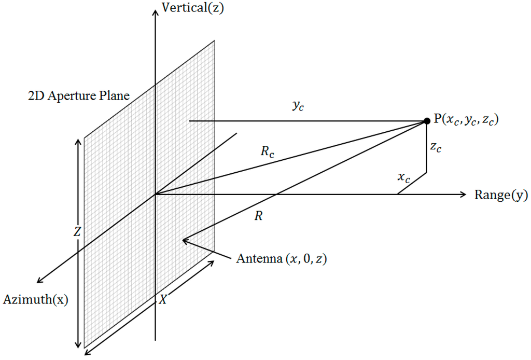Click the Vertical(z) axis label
tap(193, 8)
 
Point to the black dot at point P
tap(427, 121)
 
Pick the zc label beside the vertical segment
tap(436, 147)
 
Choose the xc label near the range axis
tap(404, 178)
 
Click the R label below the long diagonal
tap(258, 216)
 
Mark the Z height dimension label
tap(77, 232)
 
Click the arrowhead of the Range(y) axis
tap(464, 195)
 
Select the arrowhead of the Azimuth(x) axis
tap(39, 282)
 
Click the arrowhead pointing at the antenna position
tap(184, 240)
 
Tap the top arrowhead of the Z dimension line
tap(78, 141)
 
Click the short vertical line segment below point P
tap(426, 150)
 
